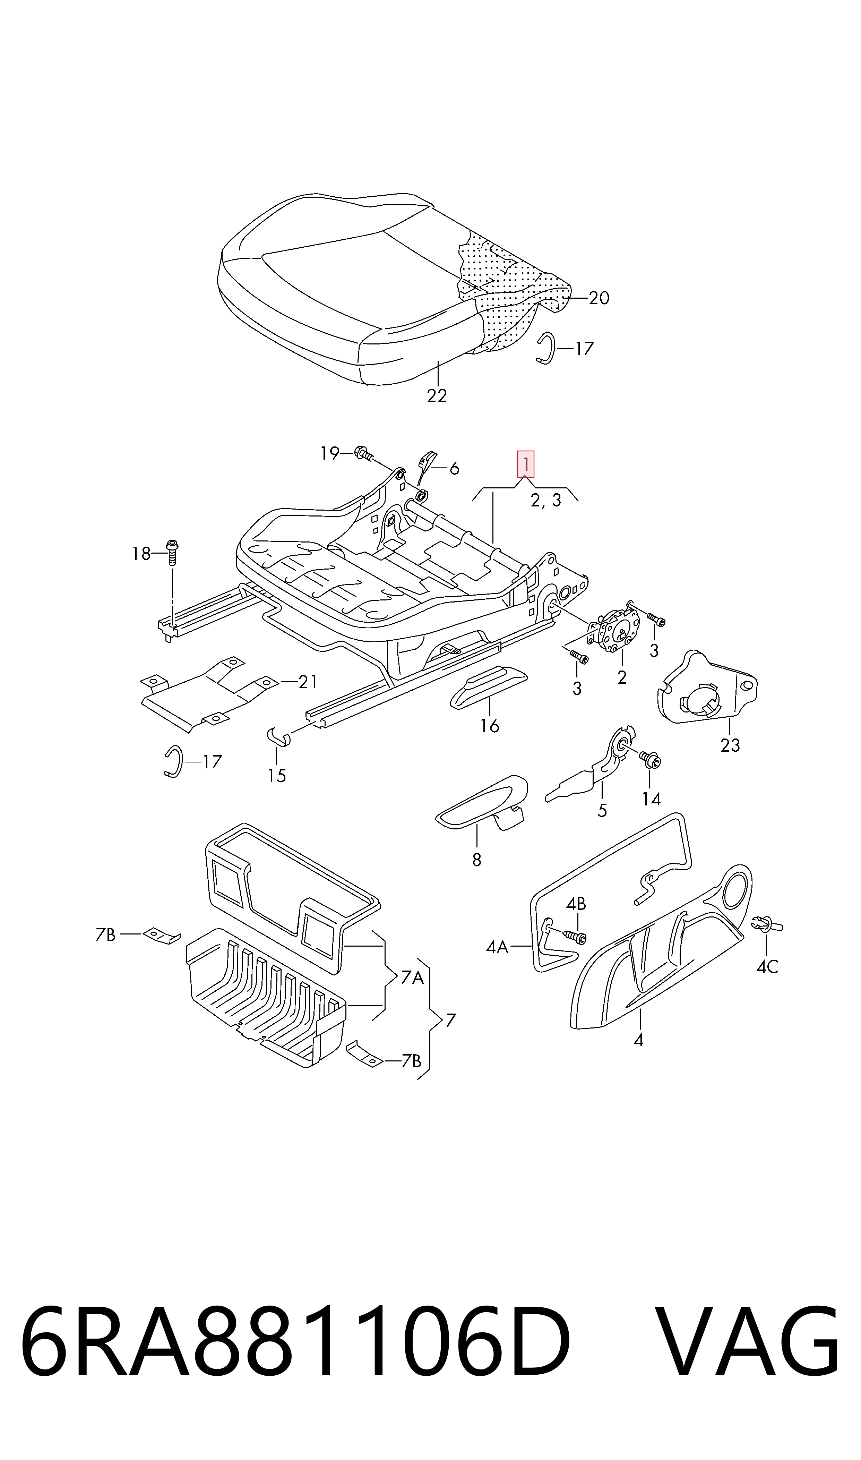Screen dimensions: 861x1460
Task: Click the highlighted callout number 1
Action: coord(526,464)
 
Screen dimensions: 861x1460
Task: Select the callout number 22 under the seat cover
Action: coord(437,396)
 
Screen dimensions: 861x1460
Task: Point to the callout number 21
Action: coord(308,682)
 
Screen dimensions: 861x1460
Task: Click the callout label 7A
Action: coord(412,978)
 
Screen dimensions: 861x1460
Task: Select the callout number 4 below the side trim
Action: coord(638,1040)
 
